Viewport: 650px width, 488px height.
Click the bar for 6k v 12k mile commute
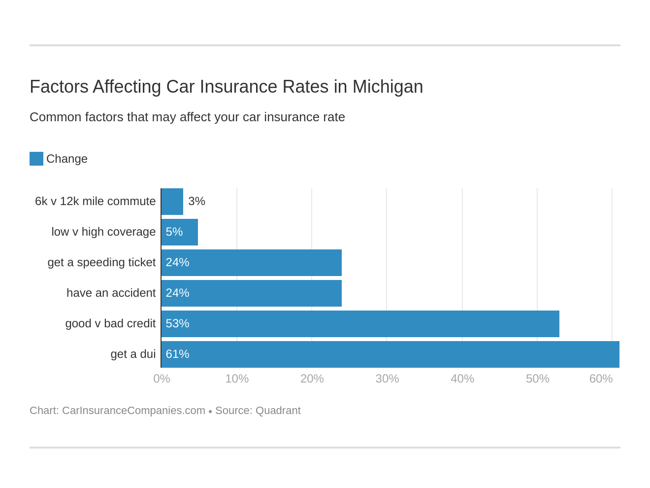point(172,202)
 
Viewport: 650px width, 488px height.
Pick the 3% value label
point(196,201)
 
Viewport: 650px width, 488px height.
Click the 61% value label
point(177,354)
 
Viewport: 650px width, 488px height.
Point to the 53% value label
point(177,323)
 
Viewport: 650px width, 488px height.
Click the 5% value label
point(174,232)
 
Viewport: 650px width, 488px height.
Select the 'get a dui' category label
point(133,354)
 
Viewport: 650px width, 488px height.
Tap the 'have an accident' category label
point(111,293)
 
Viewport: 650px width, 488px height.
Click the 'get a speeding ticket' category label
point(101,262)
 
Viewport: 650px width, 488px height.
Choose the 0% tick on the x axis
point(162,379)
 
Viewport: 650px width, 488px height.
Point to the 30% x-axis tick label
point(387,379)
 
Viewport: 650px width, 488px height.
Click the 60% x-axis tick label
point(601,379)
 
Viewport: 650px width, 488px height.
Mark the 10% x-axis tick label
point(237,379)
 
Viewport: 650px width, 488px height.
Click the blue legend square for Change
point(36,159)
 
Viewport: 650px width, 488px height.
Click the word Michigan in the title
point(388,87)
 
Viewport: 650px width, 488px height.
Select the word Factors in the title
point(59,87)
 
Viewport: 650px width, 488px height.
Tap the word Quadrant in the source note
point(278,411)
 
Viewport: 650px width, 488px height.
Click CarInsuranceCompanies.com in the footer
point(133,411)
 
